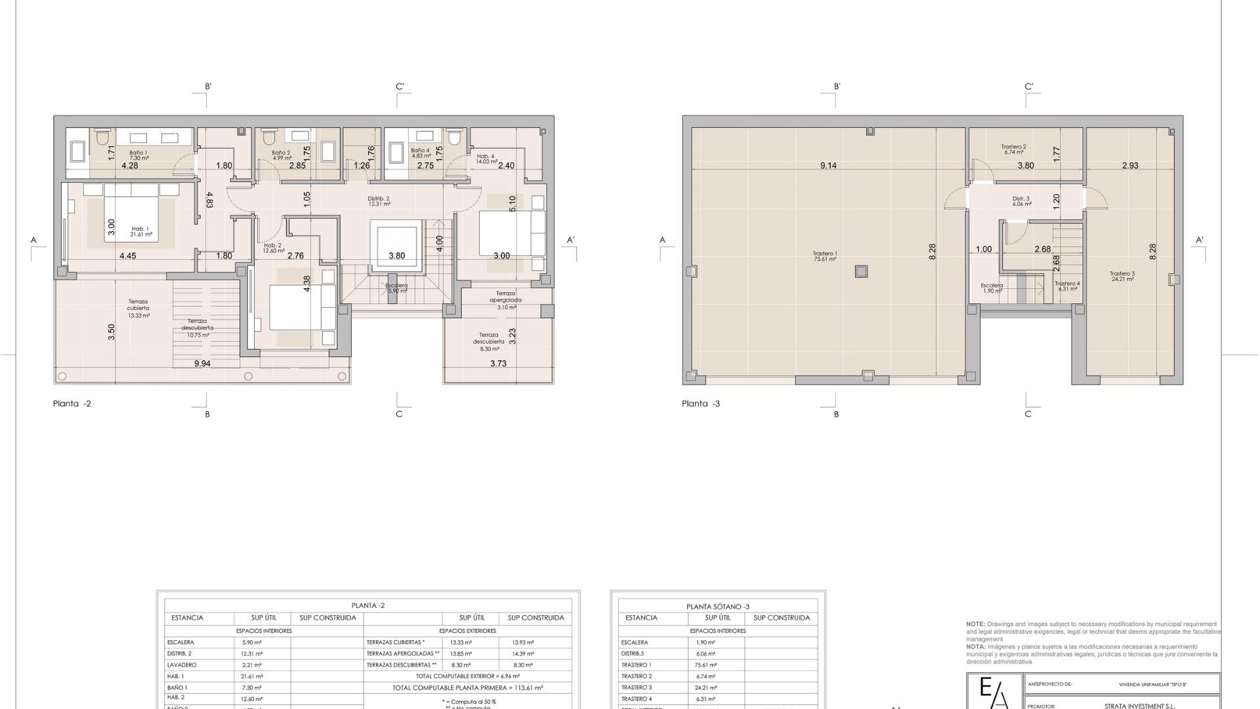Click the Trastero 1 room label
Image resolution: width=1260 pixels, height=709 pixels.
pos(825,256)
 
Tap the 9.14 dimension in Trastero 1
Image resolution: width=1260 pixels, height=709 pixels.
pos(828,166)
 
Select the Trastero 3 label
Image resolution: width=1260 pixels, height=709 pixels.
pos(1122,276)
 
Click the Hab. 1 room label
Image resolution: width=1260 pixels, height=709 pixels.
pos(140,231)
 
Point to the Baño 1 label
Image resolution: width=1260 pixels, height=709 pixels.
pos(138,155)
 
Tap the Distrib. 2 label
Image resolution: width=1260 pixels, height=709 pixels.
pos(379,201)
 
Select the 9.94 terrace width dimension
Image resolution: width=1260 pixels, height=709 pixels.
pos(202,364)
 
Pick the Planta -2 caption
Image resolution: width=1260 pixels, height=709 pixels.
pos(72,404)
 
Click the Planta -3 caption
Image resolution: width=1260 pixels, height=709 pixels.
pos(701,404)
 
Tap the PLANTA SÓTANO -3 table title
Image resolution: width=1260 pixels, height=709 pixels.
pos(718,607)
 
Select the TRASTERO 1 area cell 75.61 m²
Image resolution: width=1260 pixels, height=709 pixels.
pos(706,665)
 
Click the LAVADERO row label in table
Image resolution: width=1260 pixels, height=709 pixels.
pos(182,665)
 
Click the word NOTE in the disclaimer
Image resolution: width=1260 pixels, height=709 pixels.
pos(975,624)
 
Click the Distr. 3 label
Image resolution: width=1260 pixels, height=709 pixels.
pos(1021,201)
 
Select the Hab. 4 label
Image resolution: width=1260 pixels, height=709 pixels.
pos(486,158)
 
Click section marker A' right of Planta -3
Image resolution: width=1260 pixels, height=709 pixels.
pos(1200,240)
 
